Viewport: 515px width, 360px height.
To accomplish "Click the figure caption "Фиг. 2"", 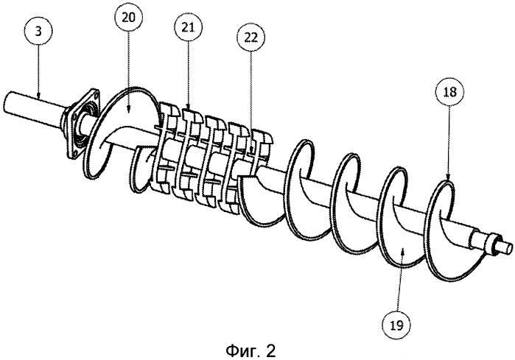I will click(x=256, y=346).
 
